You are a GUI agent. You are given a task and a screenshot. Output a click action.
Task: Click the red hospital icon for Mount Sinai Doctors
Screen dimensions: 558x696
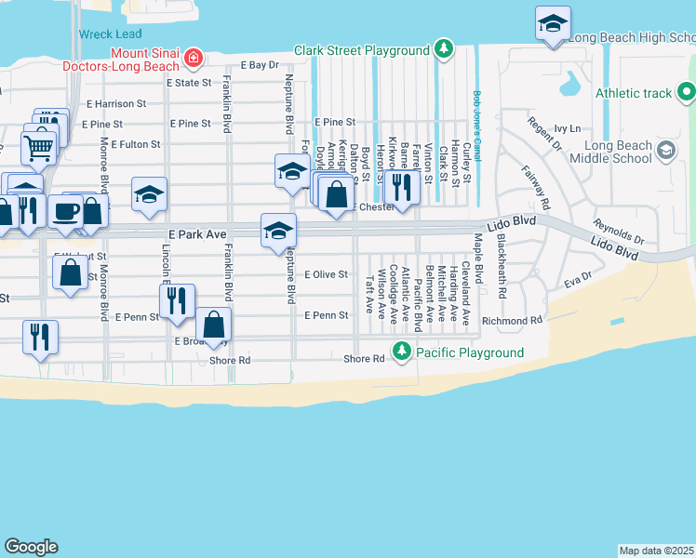(193, 59)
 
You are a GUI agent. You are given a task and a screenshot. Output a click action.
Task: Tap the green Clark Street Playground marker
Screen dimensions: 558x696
(445, 48)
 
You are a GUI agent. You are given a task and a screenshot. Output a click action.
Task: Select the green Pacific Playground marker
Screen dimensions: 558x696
(401, 352)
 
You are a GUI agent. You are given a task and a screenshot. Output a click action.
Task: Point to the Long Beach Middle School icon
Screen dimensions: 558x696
(666, 151)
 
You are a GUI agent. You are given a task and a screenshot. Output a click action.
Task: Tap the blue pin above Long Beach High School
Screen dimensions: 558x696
(553, 24)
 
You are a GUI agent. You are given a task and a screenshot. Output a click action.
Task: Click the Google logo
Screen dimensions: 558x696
(31, 547)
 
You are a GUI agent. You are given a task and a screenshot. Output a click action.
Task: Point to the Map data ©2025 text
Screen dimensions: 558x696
(657, 550)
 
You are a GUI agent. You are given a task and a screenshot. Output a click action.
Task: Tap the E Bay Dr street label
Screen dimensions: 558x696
(260, 66)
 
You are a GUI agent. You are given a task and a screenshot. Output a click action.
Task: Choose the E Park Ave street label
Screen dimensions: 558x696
(197, 234)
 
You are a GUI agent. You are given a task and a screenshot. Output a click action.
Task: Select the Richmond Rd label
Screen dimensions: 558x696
(511, 320)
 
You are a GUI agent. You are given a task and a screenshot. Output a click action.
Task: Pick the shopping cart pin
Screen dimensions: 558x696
(38, 147)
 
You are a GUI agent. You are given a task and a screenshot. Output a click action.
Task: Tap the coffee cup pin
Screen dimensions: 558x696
(65, 211)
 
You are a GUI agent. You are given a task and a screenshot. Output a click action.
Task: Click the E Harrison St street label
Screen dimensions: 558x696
(116, 104)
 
